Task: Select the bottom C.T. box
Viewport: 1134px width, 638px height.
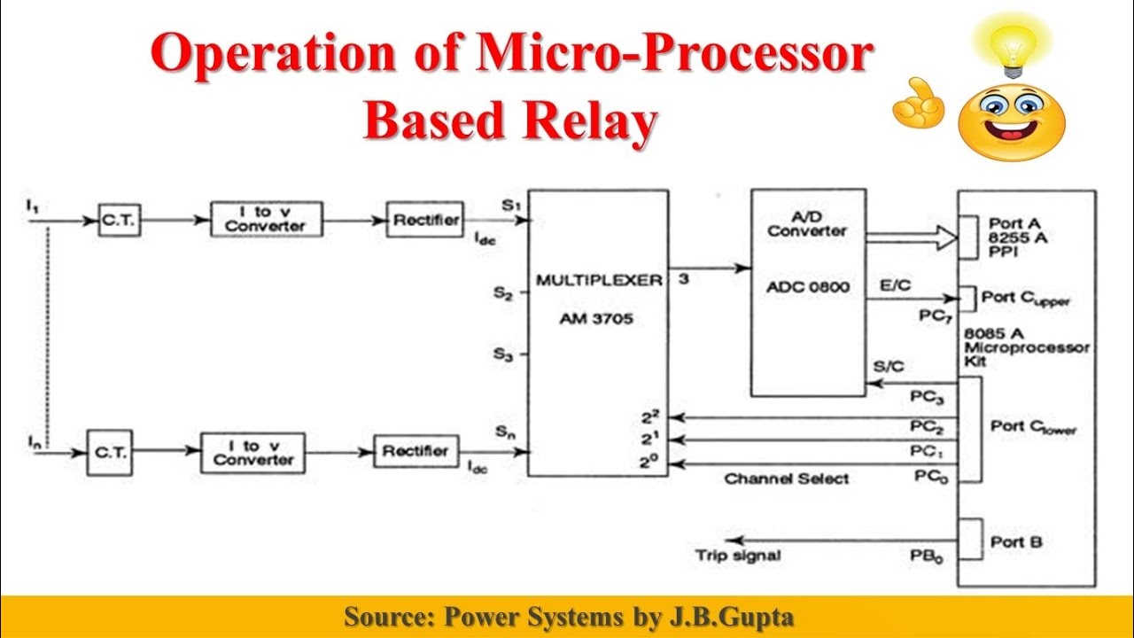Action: [x=110, y=452]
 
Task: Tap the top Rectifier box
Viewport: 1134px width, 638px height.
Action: [x=425, y=219]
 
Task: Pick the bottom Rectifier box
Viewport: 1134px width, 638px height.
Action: [x=416, y=451]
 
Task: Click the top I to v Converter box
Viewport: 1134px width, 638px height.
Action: [x=266, y=219]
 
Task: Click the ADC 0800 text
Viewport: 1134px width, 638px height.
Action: [x=808, y=288]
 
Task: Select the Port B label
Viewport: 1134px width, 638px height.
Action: [x=1016, y=541]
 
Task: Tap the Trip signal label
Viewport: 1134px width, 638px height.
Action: [x=738, y=556]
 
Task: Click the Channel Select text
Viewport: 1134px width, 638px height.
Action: [x=787, y=479]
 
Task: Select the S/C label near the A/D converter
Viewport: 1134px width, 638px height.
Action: [x=889, y=366]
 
